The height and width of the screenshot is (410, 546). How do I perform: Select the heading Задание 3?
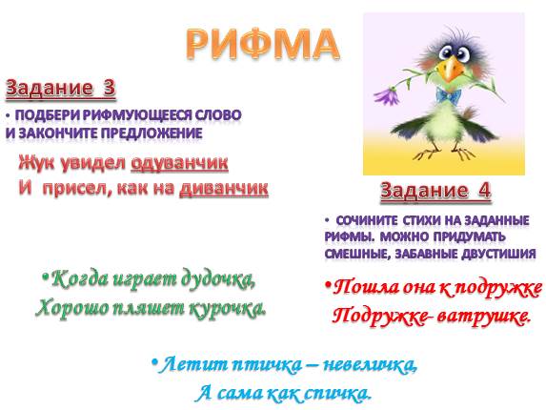[x=61, y=90]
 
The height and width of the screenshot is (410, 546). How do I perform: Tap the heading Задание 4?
[x=435, y=190]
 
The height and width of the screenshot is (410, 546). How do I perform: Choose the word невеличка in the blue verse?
[x=374, y=365]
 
